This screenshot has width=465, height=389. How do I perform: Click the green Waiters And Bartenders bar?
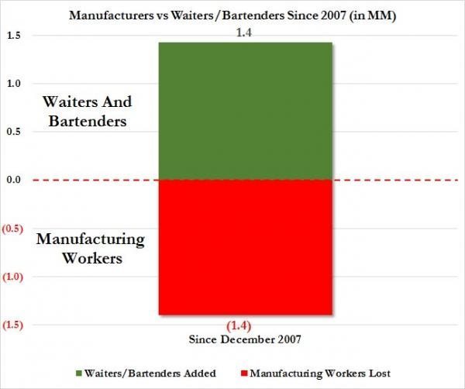click(x=245, y=111)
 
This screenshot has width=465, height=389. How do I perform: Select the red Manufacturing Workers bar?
click(x=245, y=246)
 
